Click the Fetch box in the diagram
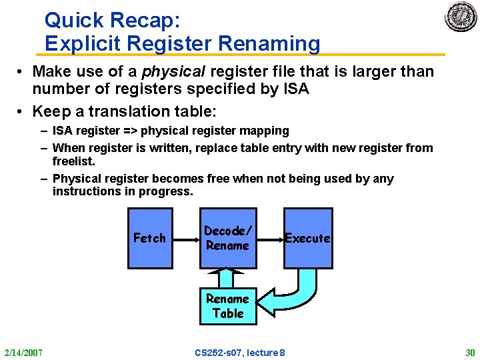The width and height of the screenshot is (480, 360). (150, 238)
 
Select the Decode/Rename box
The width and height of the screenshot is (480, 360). (228, 238)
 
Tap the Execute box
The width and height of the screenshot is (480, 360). (307, 238)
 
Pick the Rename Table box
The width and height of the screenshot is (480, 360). (228, 306)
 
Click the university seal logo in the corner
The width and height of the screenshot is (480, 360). (461, 17)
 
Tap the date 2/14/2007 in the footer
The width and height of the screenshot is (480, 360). (24, 351)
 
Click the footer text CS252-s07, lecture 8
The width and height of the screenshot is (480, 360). (240, 351)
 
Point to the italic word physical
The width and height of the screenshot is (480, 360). (169, 71)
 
